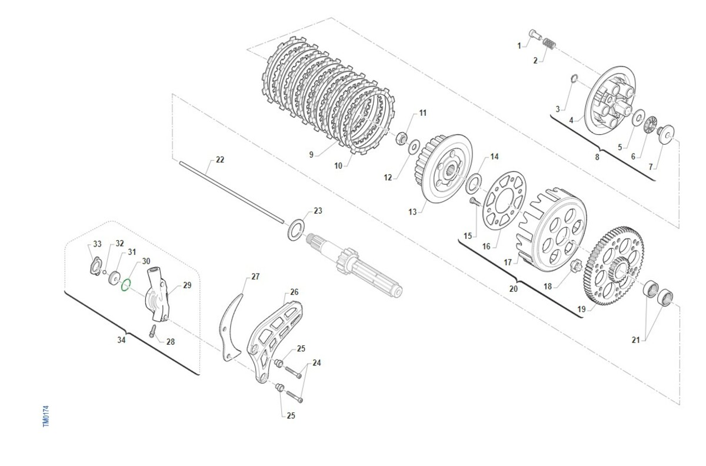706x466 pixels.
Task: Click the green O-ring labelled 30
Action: tap(122, 285)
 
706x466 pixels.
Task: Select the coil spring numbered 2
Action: tap(549, 44)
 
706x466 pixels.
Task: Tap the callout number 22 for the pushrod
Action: tap(219, 159)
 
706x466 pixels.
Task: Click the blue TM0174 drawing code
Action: tap(46, 416)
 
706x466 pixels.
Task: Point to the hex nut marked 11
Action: tap(401, 138)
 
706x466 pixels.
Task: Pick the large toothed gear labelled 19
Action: tap(614, 265)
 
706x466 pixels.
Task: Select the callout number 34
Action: tap(121, 340)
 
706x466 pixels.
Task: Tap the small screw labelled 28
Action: tap(152, 331)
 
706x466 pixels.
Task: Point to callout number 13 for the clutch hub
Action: tap(412, 212)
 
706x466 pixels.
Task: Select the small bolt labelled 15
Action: tap(474, 201)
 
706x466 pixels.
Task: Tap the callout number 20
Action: tap(514, 288)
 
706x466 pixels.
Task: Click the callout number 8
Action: tap(597, 157)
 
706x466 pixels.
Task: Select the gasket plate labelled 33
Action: tap(95, 267)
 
